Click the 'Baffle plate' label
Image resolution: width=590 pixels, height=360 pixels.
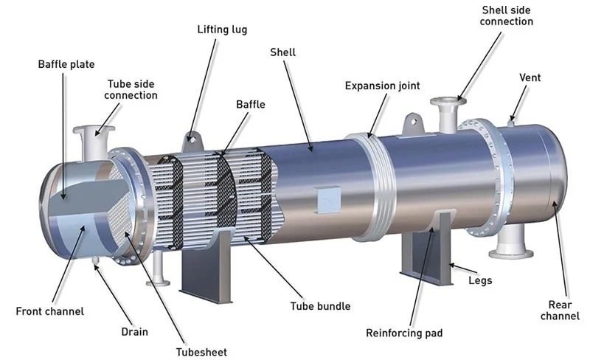(66, 64)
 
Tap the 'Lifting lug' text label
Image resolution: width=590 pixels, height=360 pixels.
(222, 30)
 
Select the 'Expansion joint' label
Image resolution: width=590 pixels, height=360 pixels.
(382, 86)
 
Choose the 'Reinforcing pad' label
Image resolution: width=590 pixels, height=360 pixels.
(404, 333)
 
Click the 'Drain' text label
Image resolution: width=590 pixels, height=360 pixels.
(134, 331)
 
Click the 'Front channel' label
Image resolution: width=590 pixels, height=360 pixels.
(50, 311)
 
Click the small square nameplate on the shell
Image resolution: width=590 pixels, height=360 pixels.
(325, 197)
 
